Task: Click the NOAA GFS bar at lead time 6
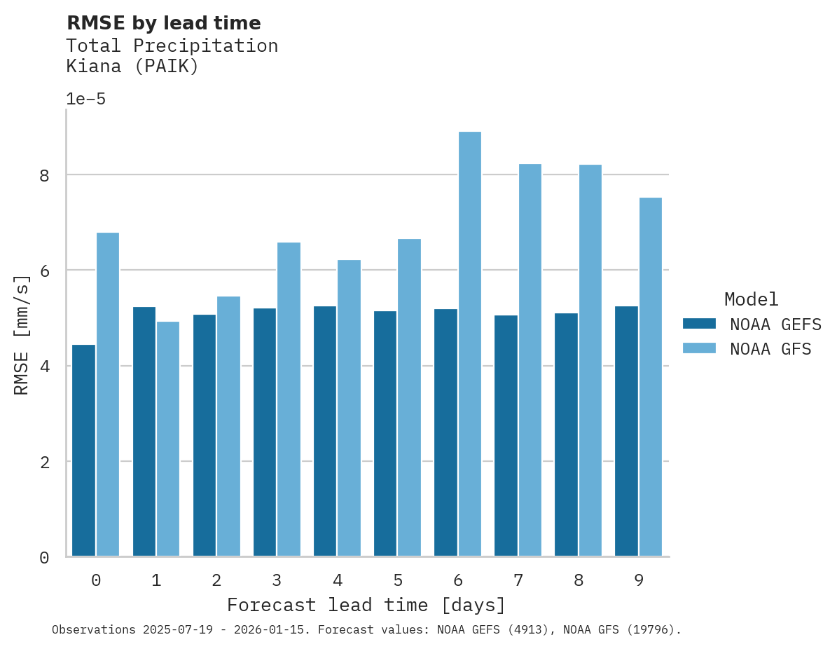point(470,344)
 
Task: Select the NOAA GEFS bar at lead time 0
point(83,451)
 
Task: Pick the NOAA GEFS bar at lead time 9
point(626,431)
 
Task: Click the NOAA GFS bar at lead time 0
point(108,395)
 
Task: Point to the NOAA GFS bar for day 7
point(530,360)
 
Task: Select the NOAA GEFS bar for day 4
point(325,431)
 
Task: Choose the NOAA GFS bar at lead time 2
point(228,426)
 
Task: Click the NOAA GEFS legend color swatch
point(699,324)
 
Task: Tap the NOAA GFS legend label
point(770,349)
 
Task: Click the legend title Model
point(751,300)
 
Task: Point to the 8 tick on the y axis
point(45,175)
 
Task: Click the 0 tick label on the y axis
point(45,558)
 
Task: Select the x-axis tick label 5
point(398,580)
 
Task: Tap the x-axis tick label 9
point(639,580)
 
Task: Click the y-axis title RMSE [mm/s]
point(22,335)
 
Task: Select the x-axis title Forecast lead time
point(366,605)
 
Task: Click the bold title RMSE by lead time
point(163,23)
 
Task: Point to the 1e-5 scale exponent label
point(85,99)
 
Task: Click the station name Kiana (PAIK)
point(132,67)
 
